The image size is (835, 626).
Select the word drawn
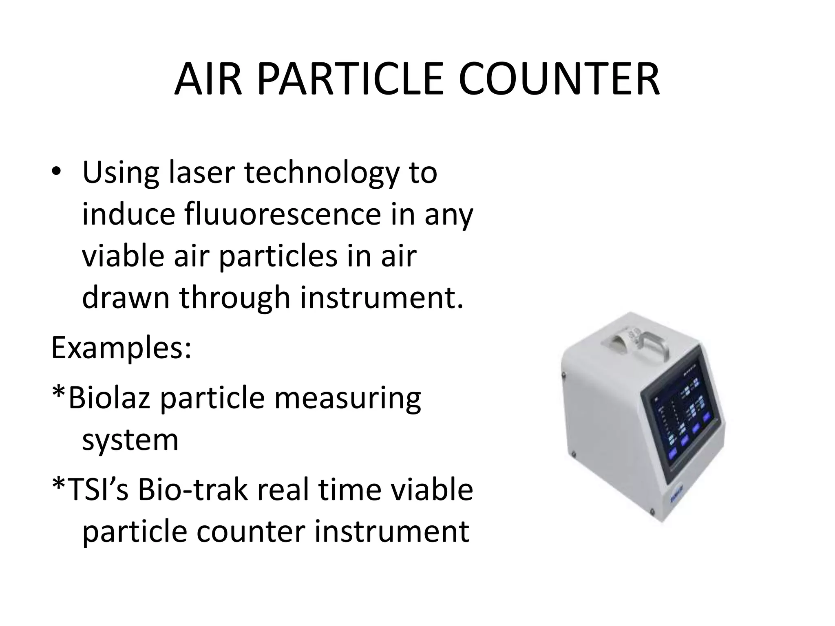126,297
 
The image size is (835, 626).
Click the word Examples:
121,349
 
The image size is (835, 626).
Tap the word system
130,440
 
